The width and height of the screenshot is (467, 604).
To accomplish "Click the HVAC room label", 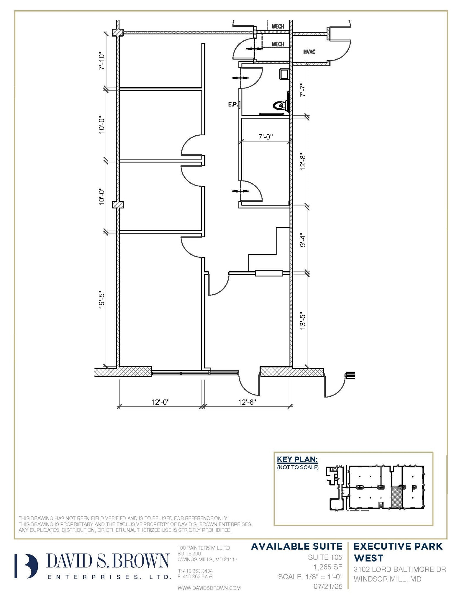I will click(309, 52).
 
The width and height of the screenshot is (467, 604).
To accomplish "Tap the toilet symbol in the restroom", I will click(280, 105).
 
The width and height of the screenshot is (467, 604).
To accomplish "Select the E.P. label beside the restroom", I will click(233, 104).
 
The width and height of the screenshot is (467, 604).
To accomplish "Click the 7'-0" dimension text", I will click(266, 137).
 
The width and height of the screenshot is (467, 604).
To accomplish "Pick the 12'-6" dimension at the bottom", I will click(247, 402).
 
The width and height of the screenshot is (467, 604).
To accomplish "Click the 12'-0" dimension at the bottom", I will click(160, 402).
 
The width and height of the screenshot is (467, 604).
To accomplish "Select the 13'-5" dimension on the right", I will click(303, 321).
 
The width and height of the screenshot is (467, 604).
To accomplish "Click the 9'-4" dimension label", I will click(303, 241).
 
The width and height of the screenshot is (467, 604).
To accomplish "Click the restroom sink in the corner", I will click(284, 74).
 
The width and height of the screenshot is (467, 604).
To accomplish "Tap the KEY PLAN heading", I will click(297, 459).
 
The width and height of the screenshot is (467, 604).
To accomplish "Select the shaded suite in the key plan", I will click(396, 497).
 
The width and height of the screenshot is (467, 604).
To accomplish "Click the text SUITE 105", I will click(325, 557).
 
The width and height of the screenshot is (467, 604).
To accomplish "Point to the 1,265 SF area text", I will click(327, 567).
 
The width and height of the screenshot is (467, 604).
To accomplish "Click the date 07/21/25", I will click(328, 586).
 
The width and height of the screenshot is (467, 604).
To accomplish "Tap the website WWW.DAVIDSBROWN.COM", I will click(209, 588).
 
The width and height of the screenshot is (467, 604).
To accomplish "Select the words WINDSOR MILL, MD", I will click(387, 579).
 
